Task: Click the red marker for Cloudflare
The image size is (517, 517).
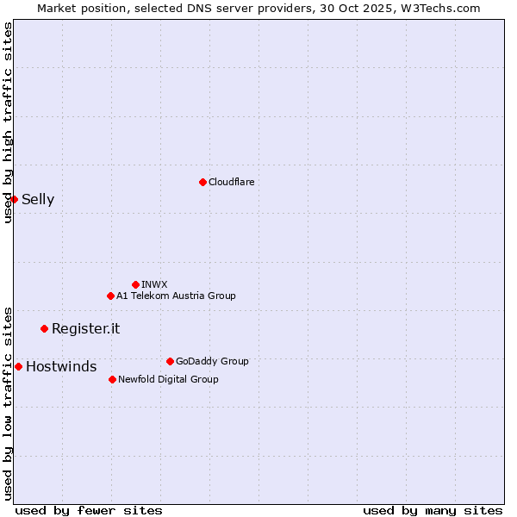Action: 202,182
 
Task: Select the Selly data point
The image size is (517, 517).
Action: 14,199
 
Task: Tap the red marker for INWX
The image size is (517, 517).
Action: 135,284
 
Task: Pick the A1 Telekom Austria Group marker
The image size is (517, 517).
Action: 110,296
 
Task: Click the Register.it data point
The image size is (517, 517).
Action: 44,328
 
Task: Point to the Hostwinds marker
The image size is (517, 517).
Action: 18,366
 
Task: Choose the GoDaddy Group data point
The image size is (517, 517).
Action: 170,361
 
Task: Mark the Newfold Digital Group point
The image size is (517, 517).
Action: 112,379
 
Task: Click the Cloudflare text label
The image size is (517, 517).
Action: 232,182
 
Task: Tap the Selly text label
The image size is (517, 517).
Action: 38,200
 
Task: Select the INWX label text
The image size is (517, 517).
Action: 154,284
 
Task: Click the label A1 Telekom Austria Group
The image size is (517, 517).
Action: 176,296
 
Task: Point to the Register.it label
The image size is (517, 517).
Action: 85,328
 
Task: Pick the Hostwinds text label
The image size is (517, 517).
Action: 61,367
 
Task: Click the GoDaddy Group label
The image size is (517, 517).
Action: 212,361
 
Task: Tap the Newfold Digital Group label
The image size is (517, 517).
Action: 168,379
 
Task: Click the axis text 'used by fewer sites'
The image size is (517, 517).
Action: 89,510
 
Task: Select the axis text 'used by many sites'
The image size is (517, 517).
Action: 433,510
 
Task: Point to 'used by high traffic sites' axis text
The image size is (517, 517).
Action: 8,122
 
